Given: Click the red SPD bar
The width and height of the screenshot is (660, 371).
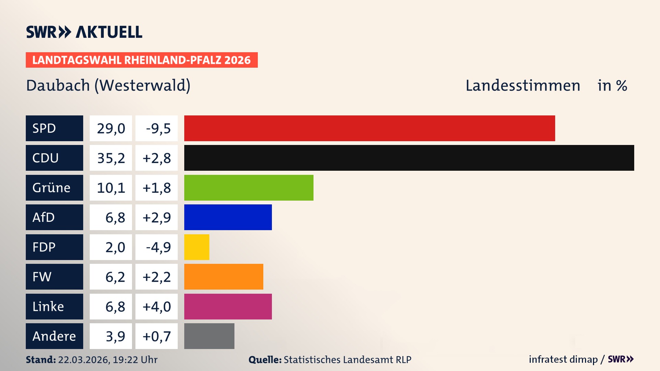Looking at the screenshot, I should tap(370, 128).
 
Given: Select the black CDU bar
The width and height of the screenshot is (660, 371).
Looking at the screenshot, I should tap(409, 158).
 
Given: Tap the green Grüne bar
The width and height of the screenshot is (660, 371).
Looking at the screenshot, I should tap(249, 188).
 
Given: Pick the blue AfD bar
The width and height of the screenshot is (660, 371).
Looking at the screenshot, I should tap(228, 217).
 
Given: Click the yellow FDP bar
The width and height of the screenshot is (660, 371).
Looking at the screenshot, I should tap(197, 247).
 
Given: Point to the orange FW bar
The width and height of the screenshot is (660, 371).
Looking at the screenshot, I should tap(223, 277).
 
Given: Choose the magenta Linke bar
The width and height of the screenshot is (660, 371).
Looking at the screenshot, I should tap(228, 306).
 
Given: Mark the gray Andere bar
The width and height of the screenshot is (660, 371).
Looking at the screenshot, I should tap(209, 336).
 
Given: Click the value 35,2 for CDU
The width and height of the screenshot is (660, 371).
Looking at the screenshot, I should tap(111, 158).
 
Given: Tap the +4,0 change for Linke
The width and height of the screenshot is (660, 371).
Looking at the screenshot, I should tap(157, 306).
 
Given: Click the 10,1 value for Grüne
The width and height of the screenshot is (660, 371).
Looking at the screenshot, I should tap(111, 188).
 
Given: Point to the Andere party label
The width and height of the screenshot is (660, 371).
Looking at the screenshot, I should tap(54, 336).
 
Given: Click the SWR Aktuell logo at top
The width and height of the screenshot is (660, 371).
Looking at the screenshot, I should tap(84, 32).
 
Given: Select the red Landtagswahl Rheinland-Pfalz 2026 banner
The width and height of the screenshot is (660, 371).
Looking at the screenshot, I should tap(142, 60).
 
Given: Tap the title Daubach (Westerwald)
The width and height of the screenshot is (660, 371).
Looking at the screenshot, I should tap(108, 86).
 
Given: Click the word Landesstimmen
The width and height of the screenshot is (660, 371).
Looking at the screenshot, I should tap(522, 86).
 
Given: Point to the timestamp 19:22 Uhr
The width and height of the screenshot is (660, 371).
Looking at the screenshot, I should tap(135, 360).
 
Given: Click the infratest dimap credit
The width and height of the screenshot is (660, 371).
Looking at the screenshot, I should tap(563, 359).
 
